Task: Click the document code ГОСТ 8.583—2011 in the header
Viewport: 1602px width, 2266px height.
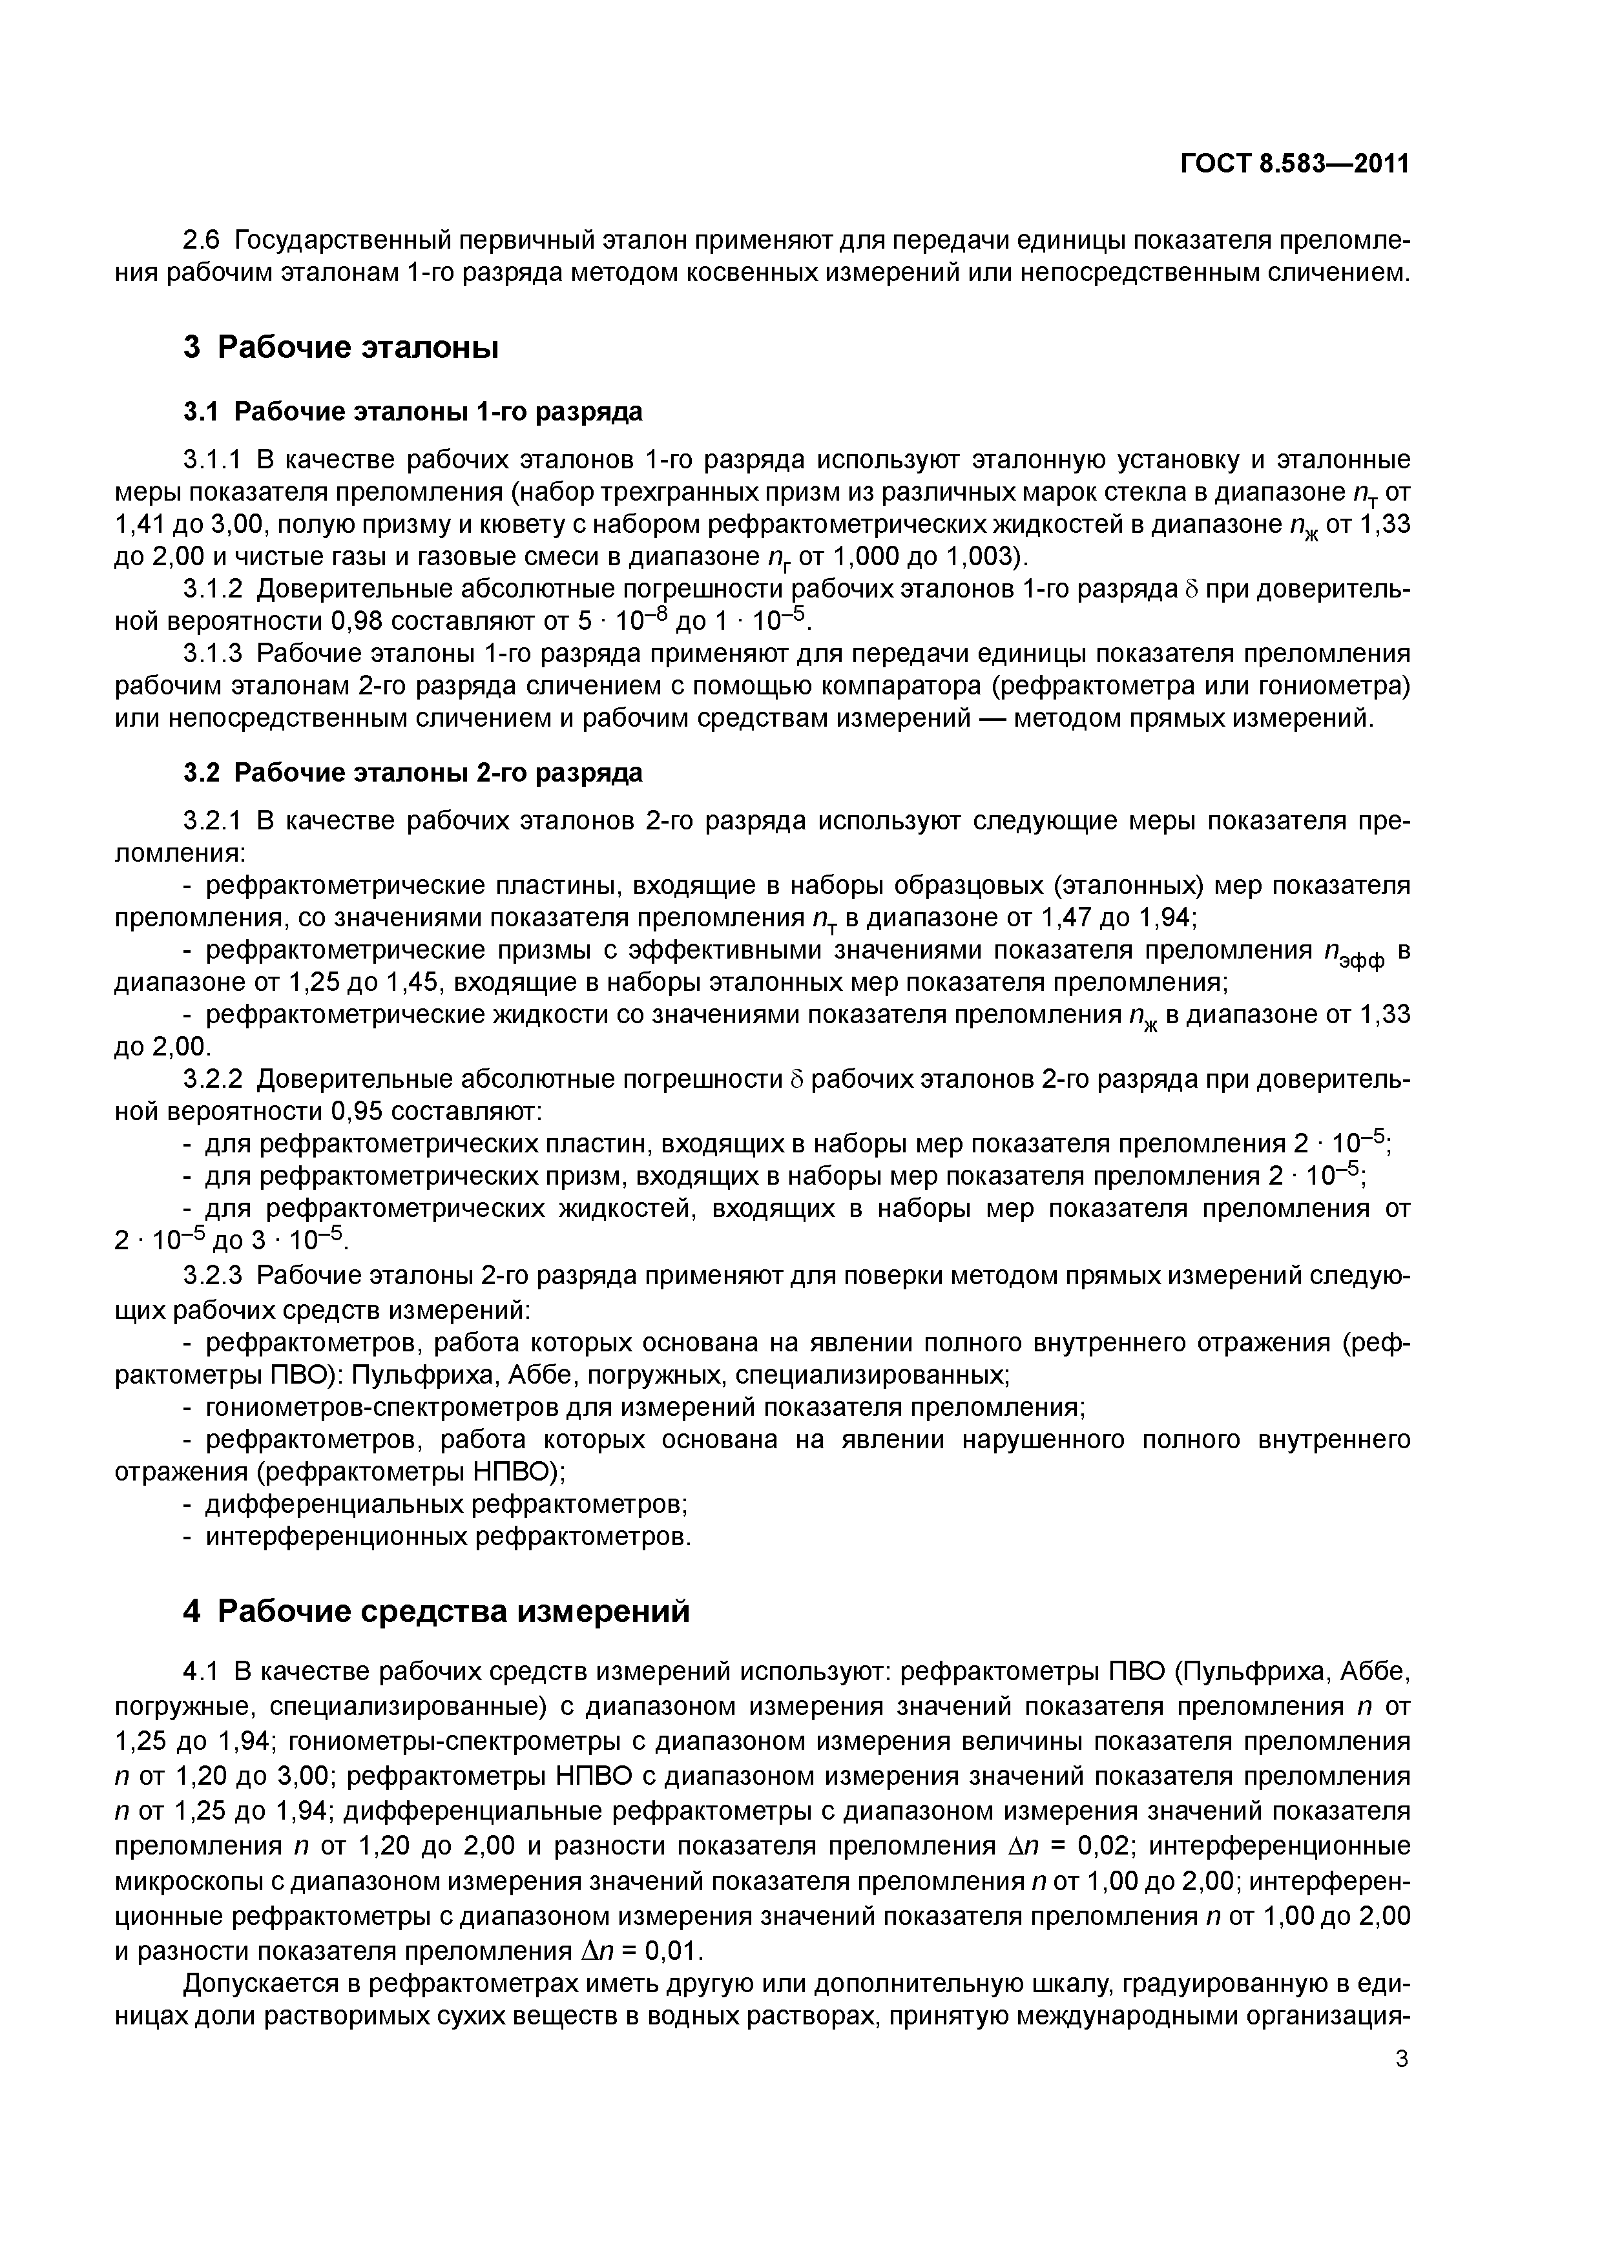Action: tap(1294, 164)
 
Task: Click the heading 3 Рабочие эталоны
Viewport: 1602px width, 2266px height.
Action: tap(340, 348)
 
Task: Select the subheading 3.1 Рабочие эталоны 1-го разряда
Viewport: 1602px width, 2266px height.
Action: tap(413, 411)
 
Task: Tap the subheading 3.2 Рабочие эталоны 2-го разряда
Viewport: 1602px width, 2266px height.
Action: tap(413, 772)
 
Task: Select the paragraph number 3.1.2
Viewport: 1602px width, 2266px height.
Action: tap(213, 589)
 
